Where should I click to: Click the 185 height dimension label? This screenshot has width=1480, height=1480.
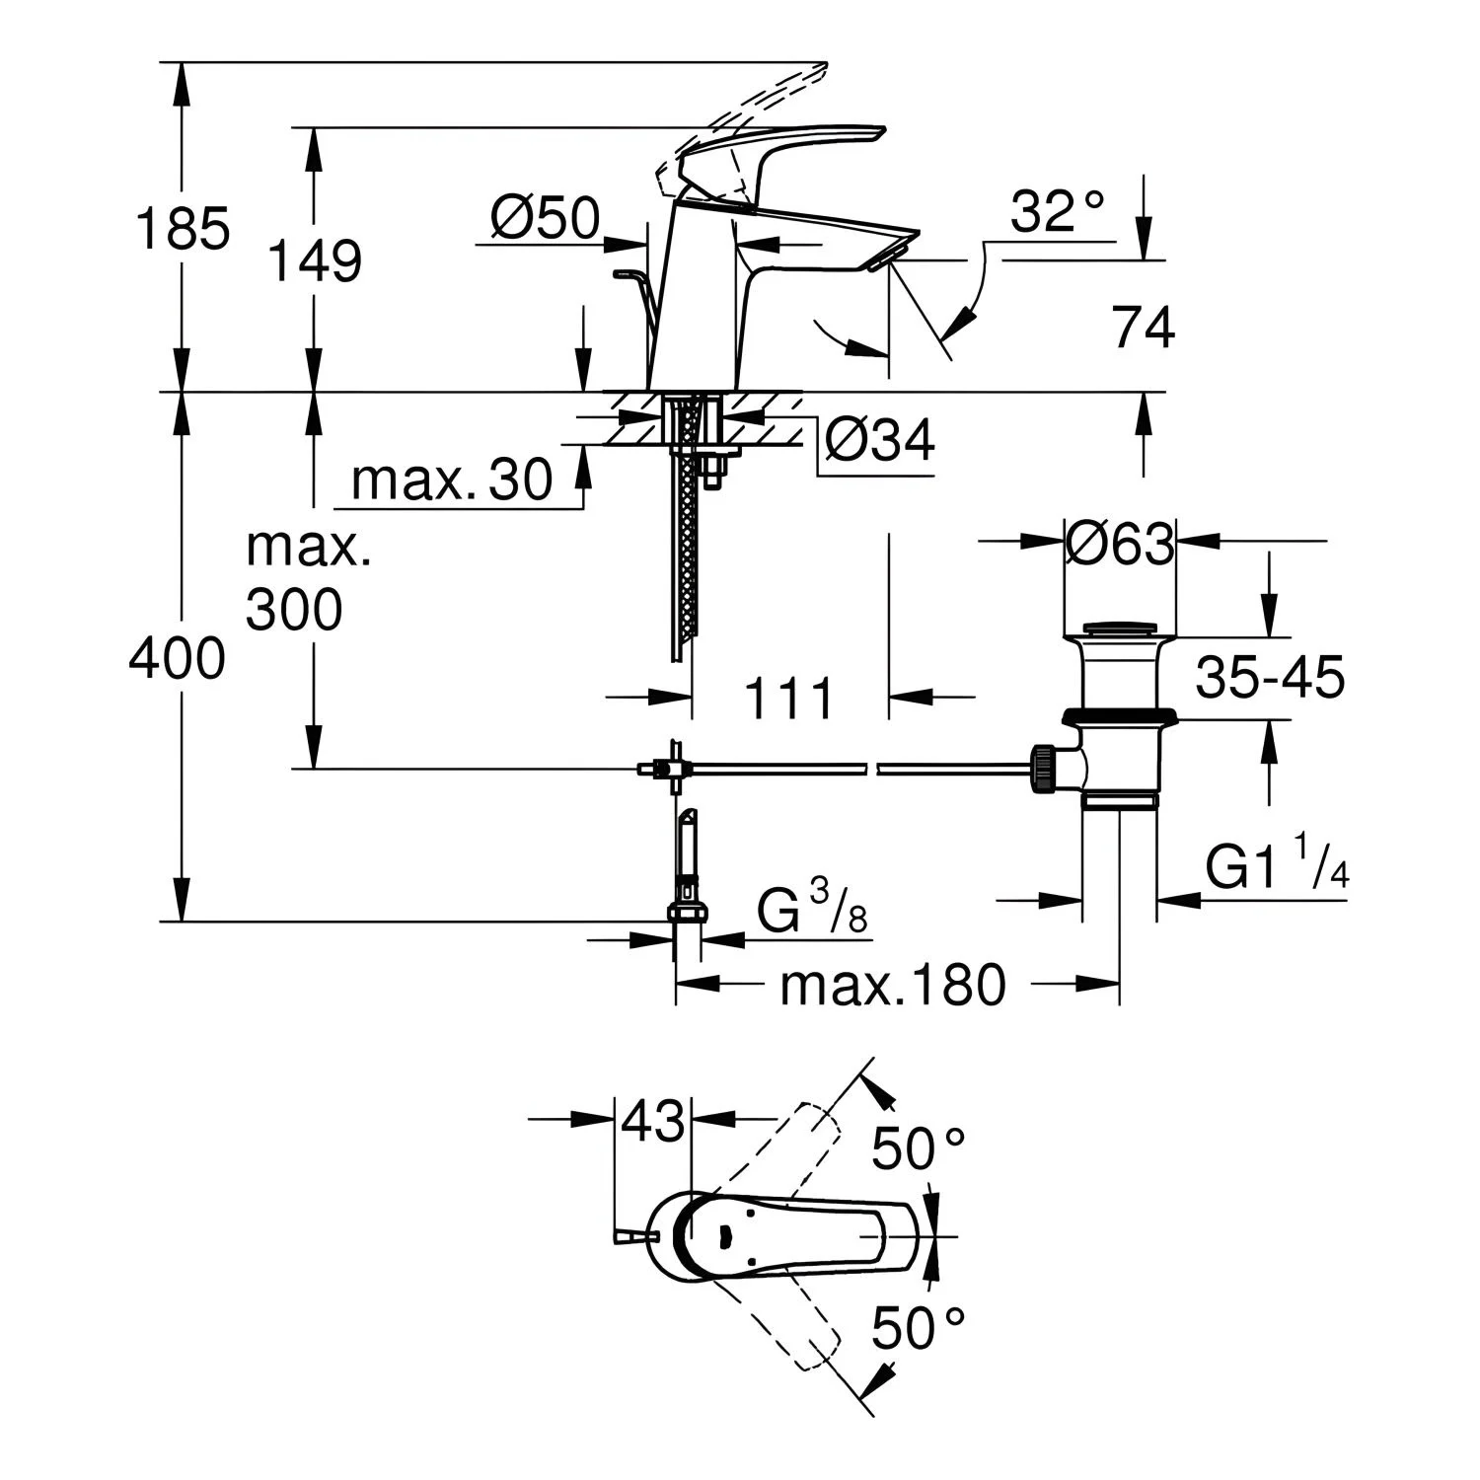point(183,229)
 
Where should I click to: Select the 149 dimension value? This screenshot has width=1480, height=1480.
point(315,261)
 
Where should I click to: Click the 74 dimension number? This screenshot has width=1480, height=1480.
point(1144,328)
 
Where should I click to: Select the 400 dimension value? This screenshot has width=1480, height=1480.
point(178,657)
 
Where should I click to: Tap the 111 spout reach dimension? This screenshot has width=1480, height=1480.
point(789,699)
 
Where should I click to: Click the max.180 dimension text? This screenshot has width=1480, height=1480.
point(892,984)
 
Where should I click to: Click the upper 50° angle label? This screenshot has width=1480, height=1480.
point(919,1148)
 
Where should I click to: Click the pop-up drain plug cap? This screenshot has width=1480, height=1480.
point(1121,629)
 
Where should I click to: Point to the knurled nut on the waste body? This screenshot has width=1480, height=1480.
point(1043,769)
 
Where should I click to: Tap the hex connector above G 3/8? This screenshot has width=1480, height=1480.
point(687,912)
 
